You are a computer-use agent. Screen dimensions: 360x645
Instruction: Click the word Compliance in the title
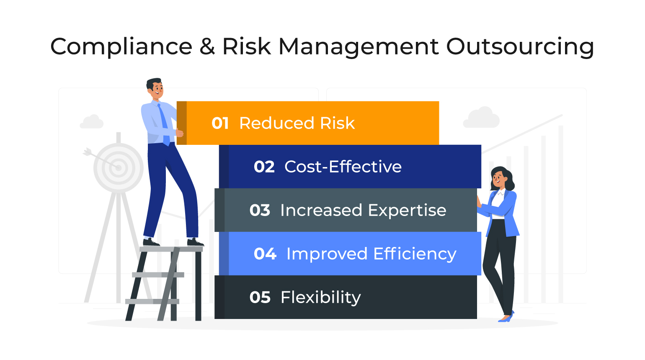pos(121,46)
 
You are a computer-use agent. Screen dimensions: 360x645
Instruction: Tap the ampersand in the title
pos(207,46)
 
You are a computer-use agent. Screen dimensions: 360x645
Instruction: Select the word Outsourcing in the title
pos(520,46)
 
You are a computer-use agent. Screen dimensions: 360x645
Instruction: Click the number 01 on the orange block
pos(220,123)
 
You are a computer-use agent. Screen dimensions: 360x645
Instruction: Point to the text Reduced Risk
pos(297,123)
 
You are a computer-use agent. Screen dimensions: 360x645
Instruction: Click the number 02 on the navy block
pos(264,167)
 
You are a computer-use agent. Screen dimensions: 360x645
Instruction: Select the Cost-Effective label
pos(343,167)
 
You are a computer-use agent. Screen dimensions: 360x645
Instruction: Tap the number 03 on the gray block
pos(260,211)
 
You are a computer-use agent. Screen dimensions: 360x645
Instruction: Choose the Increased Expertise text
pos(363,211)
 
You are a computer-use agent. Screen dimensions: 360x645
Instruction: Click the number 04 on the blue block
pos(265,254)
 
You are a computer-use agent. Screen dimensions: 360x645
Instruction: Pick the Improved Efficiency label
pos(371,254)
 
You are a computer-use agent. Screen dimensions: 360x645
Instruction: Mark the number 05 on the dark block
pos(260,298)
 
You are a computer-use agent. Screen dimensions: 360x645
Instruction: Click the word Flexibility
pos(320,298)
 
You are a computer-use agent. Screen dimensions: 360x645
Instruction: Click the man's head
pos(155,88)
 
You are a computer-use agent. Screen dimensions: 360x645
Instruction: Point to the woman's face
pos(499,179)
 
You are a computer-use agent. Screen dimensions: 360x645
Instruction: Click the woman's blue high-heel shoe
pos(507,318)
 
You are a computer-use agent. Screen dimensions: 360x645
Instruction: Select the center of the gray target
pos(119,168)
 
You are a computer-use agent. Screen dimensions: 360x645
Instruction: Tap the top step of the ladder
pos(171,249)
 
